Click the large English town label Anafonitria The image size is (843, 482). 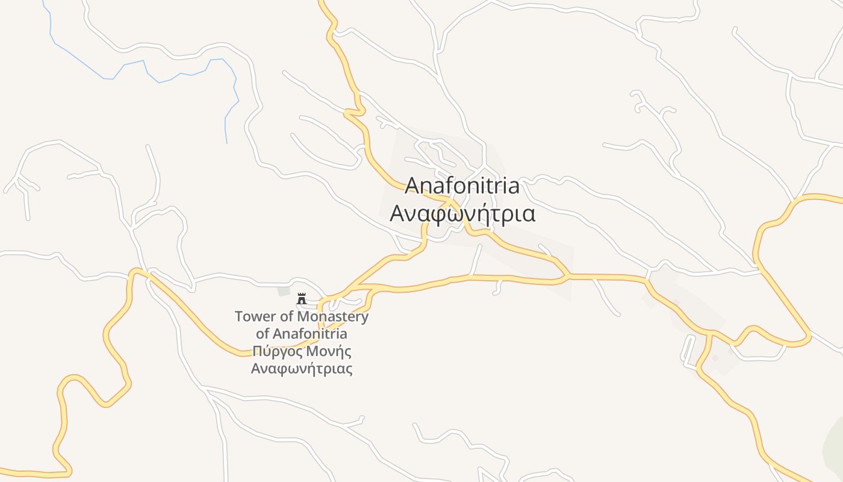tap(462, 186)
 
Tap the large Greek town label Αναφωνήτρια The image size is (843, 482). tap(462, 214)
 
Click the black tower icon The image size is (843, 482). tap(302, 298)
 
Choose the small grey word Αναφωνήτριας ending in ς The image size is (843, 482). tap(302, 369)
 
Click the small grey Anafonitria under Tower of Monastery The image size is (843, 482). tap(310, 334)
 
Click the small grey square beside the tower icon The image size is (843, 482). tap(284, 292)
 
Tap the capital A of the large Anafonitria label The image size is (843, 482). tap(412, 186)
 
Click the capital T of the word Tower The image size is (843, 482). tap(238, 316)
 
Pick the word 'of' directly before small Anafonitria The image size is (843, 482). tap(263, 334)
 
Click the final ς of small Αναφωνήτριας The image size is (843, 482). tap(349, 370)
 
